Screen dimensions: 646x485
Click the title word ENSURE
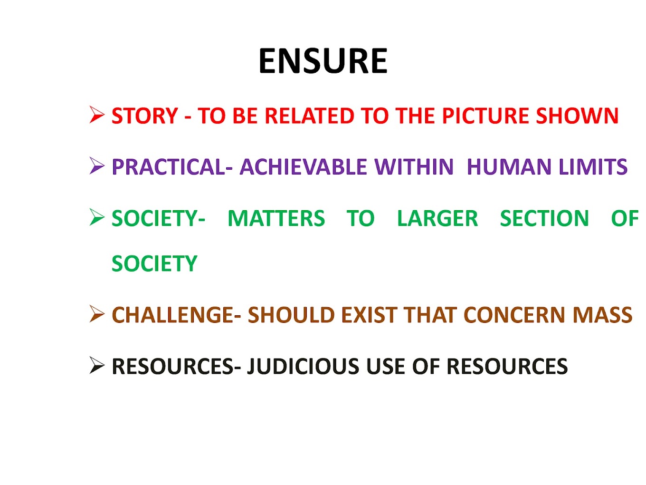tap(323, 61)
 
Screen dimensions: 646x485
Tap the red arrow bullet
tap(97, 115)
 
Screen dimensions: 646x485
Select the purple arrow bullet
tap(97, 166)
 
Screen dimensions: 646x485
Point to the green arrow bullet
tap(97, 217)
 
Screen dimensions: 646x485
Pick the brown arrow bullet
tap(97, 314)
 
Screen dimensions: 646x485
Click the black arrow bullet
tap(97, 366)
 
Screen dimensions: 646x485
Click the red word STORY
tap(145, 116)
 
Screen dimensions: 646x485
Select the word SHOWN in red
tap(577, 116)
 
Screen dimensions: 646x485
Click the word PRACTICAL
tap(169, 167)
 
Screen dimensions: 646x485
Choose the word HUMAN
tap(509, 167)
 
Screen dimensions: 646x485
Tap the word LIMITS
tap(593, 167)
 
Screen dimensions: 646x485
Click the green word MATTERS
tap(276, 218)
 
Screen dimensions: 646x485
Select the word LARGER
tap(437, 218)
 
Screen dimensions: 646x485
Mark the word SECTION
tap(544, 218)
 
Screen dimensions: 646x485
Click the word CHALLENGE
tap(172, 315)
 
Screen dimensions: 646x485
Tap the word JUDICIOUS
tap(304, 366)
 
